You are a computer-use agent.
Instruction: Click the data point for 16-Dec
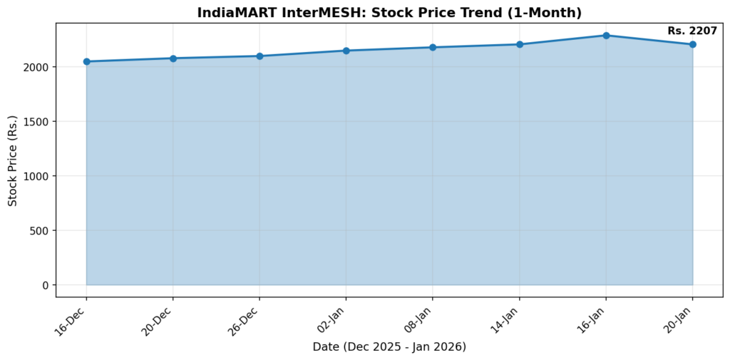(x=86, y=61)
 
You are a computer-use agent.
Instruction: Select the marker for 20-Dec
(x=173, y=58)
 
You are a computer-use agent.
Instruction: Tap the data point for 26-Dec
(x=259, y=56)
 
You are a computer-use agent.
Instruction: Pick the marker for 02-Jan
(x=346, y=51)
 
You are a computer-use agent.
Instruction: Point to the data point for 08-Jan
(x=433, y=48)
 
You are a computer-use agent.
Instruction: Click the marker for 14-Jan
(x=520, y=44)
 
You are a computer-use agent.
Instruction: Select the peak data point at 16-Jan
(x=606, y=35)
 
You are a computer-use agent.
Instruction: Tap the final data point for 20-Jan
(x=692, y=44)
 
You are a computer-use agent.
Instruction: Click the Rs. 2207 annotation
(x=692, y=31)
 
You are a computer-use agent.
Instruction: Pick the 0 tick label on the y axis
(x=46, y=285)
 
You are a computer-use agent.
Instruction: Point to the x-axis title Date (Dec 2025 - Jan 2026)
(x=389, y=347)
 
